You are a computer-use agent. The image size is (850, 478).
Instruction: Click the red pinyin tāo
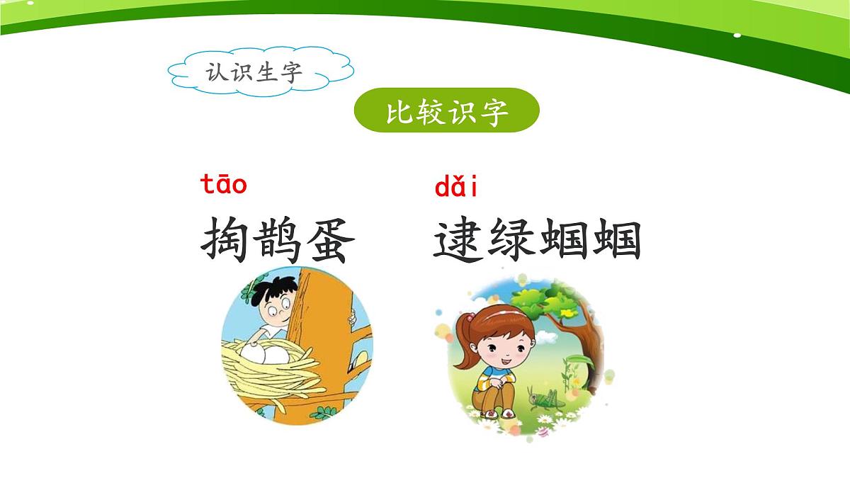click(x=224, y=185)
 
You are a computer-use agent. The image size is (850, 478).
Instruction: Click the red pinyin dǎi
click(x=455, y=188)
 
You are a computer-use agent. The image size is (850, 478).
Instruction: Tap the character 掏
click(x=225, y=239)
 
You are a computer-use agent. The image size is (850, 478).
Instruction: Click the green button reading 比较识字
click(x=446, y=110)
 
